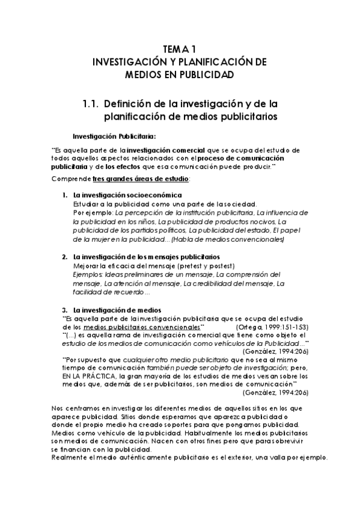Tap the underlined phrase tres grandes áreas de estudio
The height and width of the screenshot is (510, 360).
141,179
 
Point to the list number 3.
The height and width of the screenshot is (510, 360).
65,309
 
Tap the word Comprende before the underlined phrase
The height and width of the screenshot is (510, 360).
71,179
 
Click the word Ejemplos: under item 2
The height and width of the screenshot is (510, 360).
88,274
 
